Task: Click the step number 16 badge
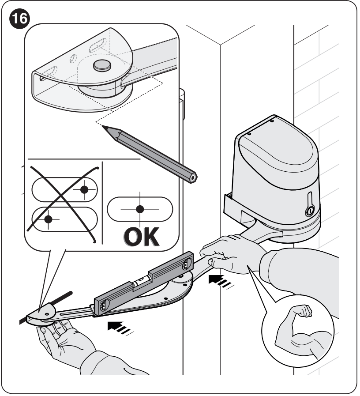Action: pyautogui.click(x=19, y=19)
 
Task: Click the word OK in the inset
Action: pyautogui.click(x=142, y=237)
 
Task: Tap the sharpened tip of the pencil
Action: pyautogui.click(x=103, y=126)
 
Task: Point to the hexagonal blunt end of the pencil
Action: pyautogui.click(x=193, y=178)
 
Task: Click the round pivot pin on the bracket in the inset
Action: pyautogui.click(x=102, y=65)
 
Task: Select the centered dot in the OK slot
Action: pyautogui.click(x=140, y=209)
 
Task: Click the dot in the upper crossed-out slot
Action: pyautogui.click(x=84, y=189)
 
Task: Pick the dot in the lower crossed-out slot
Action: pyautogui.click(x=48, y=219)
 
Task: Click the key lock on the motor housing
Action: pyautogui.click(x=310, y=211)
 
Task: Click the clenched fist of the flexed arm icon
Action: pyautogui.click(x=304, y=311)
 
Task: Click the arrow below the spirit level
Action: pyautogui.click(x=120, y=328)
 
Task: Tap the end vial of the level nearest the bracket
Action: pyautogui.click(x=104, y=305)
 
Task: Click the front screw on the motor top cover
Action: pyautogui.click(x=249, y=134)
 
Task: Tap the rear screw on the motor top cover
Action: pyautogui.click(x=272, y=121)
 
